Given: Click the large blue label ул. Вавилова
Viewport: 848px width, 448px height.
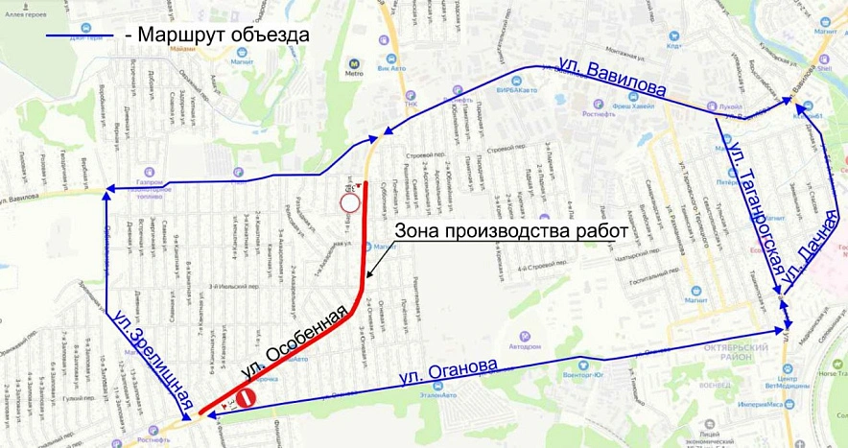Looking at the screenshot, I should pyautogui.click(x=611, y=76).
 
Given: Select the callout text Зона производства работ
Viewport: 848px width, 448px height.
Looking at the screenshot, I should pyautogui.click(x=510, y=230).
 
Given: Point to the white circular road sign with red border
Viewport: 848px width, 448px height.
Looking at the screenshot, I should pyautogui.click(x=350, y=202).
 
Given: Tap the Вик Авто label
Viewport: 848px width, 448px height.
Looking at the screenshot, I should pyautogui.click(x=391, y=68).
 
